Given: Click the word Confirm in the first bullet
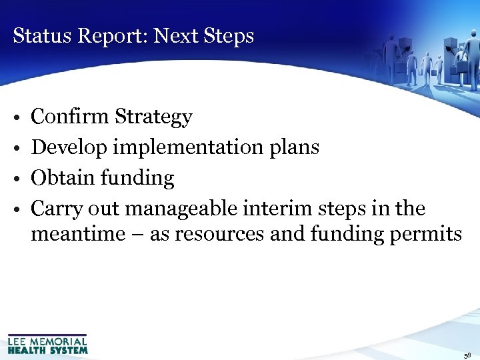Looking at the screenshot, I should coord(70,117).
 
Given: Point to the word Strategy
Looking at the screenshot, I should coord(153,118).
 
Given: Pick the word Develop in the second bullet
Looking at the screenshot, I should coord(70,148).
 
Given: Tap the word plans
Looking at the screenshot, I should coord(294,148).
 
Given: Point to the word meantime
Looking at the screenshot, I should coord(75,234).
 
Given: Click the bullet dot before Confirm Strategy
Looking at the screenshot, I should coord(15,119).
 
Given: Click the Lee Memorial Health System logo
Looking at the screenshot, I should coord(47,343).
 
